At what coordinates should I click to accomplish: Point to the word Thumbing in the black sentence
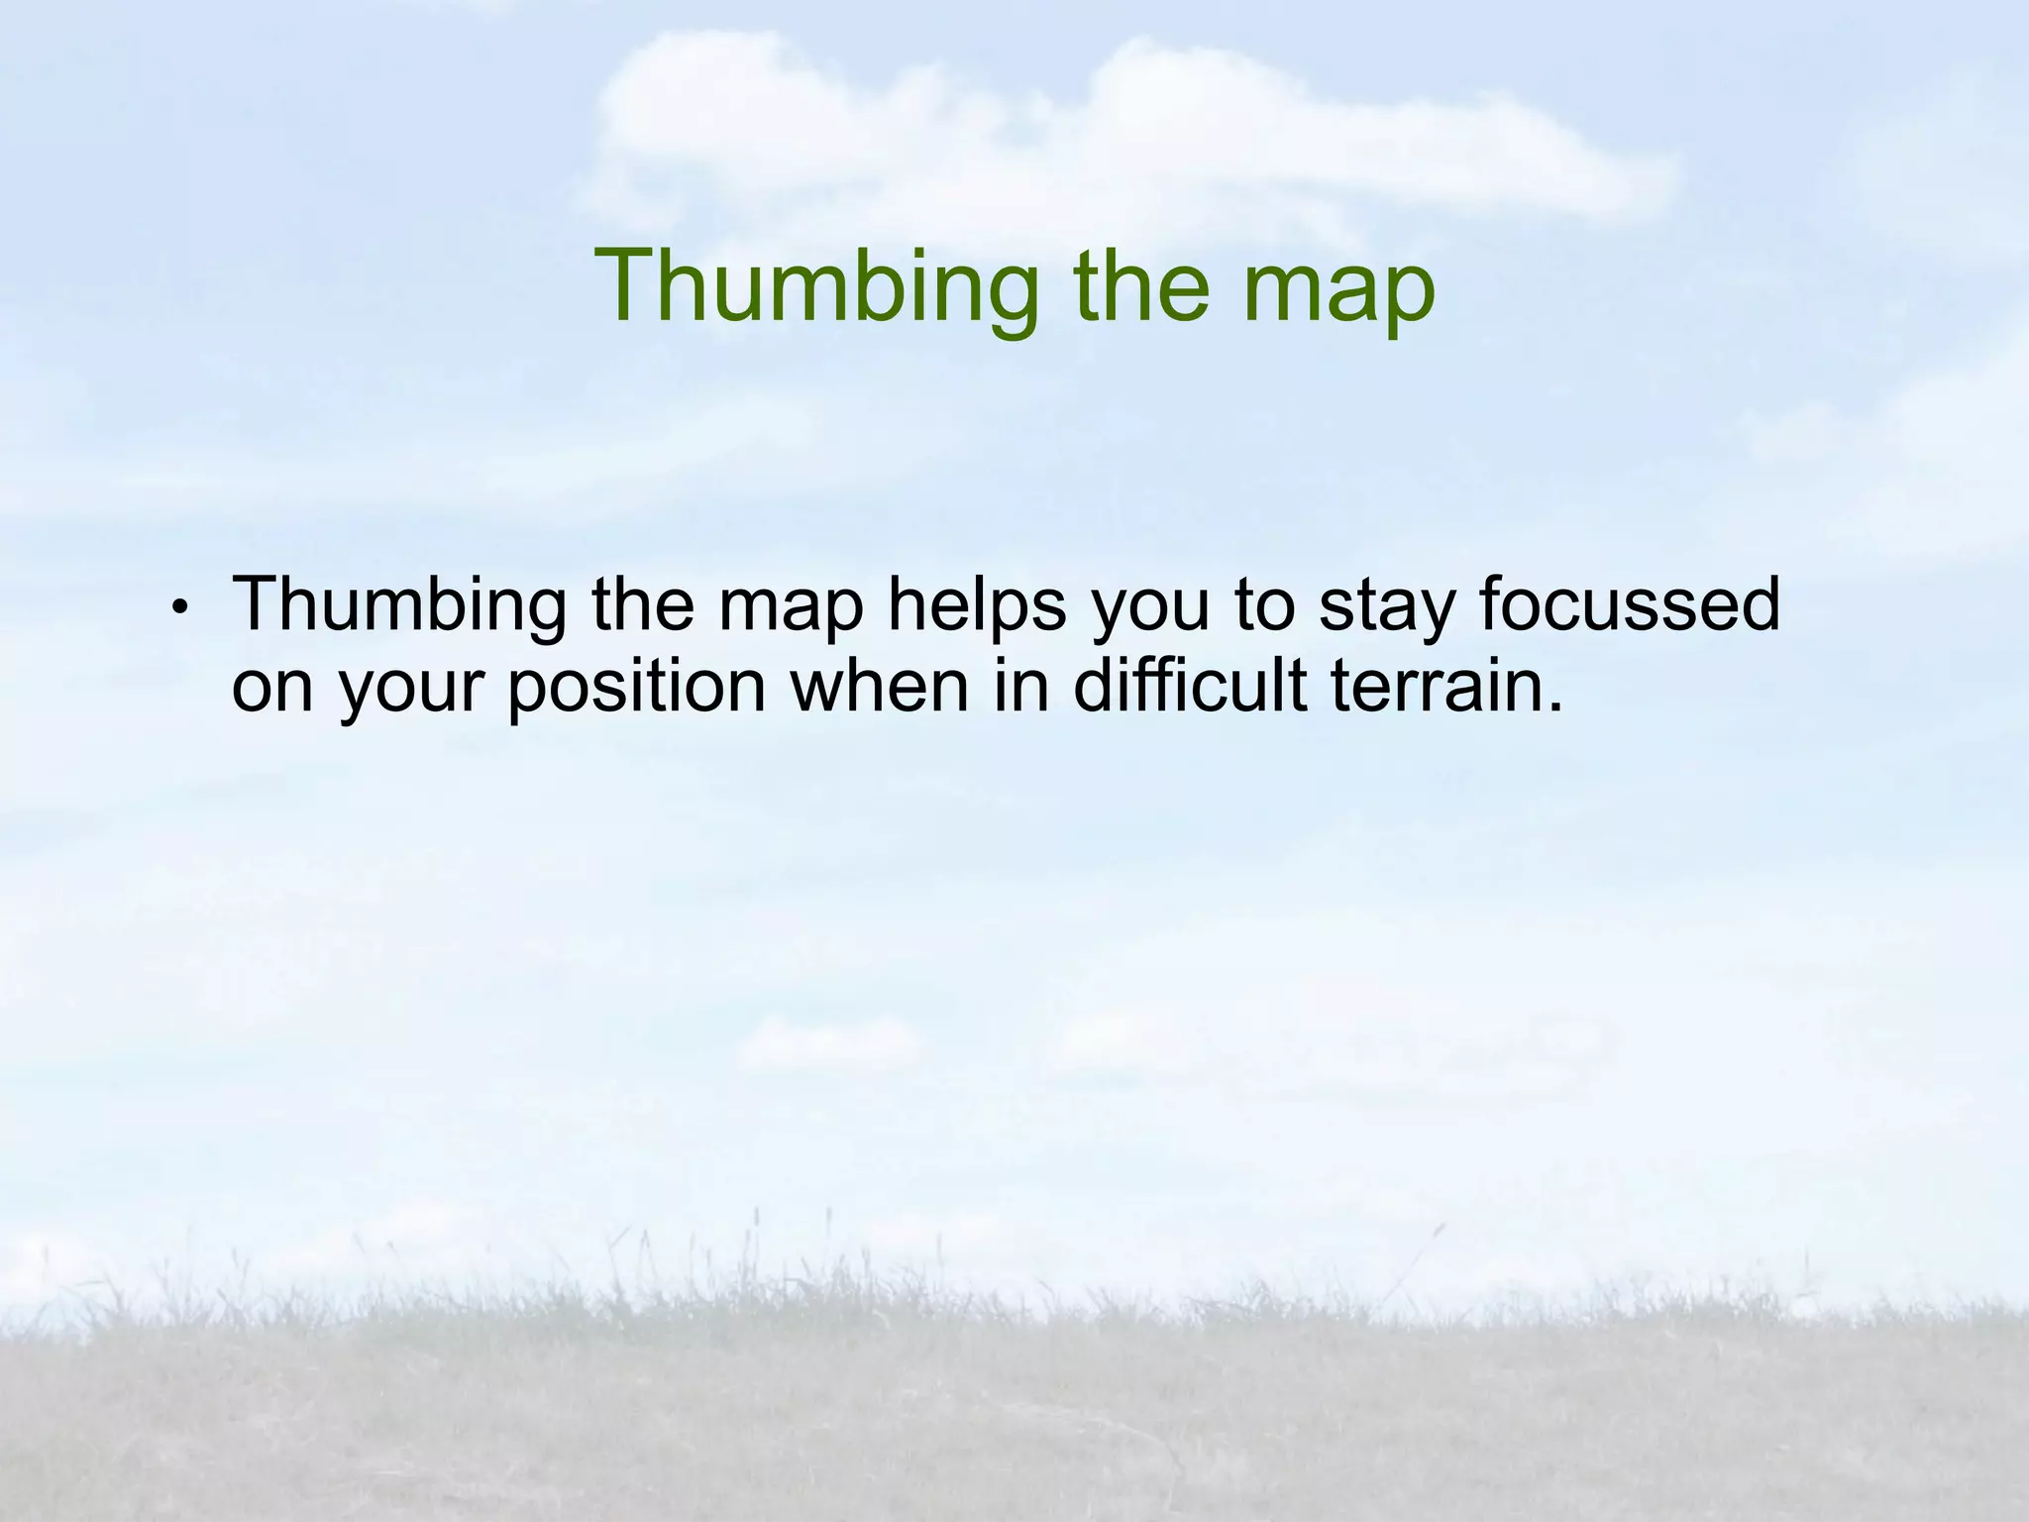tap(399, 606)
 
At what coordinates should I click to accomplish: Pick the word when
tap(878, 686)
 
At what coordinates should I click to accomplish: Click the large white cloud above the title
tap(1090, 129)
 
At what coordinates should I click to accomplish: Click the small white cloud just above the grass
tap(827, 1042)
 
